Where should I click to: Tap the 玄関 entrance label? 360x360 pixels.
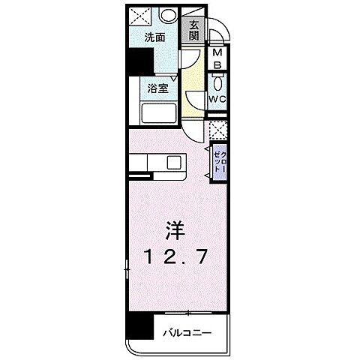193,31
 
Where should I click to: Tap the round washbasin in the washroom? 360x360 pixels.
168,16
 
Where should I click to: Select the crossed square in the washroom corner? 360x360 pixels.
139,16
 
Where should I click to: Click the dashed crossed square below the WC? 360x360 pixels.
217,130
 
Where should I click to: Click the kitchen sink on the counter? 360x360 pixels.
175,162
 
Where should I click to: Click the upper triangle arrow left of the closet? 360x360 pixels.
206,149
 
